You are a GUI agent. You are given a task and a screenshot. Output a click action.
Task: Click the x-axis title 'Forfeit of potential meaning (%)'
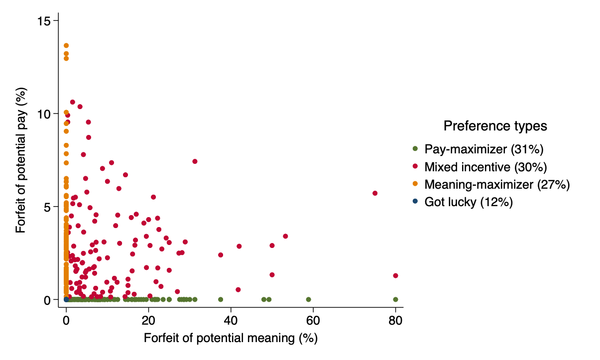click(231, 339)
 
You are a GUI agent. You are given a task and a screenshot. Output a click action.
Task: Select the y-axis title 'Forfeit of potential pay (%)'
click(21, 160)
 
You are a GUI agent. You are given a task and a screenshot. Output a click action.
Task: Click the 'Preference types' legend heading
click(495, 126)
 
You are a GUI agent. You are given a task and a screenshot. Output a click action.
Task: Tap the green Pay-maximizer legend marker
click(415, 149)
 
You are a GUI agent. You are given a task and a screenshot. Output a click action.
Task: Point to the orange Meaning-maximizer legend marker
click(415, 185)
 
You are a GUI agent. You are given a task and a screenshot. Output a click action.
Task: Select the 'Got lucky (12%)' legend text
click(469, 202)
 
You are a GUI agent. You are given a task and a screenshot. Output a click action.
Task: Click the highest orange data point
click(66, 45)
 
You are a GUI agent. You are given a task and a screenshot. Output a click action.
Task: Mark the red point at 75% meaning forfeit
click(375, 193)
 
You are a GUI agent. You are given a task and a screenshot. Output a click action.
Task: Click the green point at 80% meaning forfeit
click(395, 299)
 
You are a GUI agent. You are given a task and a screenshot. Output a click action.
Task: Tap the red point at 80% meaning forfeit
click(395, 275)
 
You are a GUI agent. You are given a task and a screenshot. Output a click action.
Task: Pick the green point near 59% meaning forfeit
click(308, 299)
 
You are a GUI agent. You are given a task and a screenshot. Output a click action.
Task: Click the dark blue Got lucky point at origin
click(66, 299)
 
